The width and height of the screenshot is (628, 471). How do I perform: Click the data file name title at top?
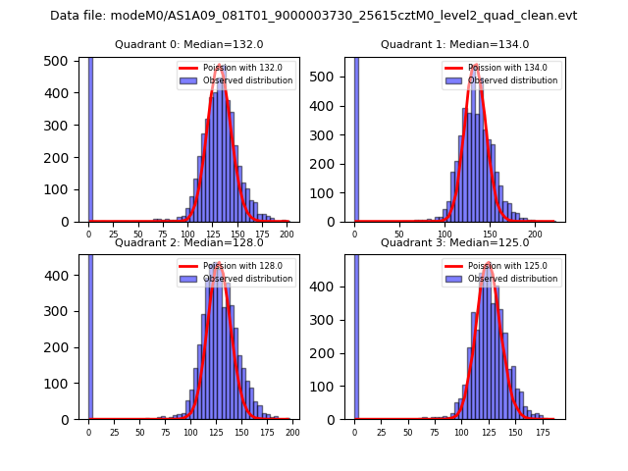(x=313, y=16)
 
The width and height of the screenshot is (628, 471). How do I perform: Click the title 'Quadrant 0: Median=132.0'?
(x=188, y=44)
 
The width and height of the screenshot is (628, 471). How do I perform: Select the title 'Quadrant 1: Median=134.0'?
(x=454, y=44)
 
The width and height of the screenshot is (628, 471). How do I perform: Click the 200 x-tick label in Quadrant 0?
(x=287, y=235)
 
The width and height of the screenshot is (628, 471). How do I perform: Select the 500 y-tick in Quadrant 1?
(x=331, y=77)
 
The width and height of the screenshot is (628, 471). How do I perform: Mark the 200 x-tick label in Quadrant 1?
(x=535, y=235)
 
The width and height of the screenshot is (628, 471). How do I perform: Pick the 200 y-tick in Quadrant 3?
(x=331, y=354)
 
